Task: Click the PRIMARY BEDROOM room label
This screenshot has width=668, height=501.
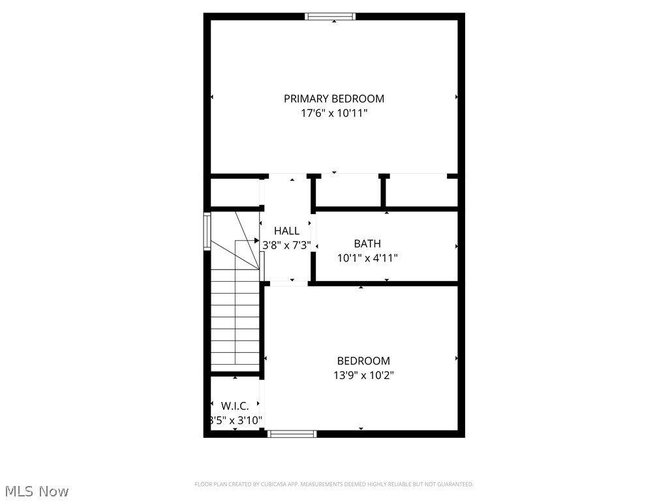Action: click(x=334, y=99)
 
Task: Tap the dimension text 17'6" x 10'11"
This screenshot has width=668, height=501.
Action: click(x=334, y=113)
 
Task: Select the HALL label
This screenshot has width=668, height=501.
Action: click(x=287, y=231)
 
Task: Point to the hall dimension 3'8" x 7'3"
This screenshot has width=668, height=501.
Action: click(x=287, y=246)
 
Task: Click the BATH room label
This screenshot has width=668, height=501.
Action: click(x=367, y=243)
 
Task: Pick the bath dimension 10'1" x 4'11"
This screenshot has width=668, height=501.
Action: click(x=367, y=258)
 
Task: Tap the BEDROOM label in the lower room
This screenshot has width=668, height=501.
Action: click(x=363, y=361)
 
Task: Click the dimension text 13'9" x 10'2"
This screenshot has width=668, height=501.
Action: click(x=363, y=375)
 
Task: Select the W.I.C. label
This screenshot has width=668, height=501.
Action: click(x=235, y=406)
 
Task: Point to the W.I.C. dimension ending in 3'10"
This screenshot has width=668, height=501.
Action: click(x=235, y=420)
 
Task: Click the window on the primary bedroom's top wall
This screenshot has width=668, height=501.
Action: click(x=331, y=16)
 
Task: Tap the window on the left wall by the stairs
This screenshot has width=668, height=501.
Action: click(x=207, y=232)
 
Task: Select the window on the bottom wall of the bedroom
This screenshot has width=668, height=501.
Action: click(x=292, y=433)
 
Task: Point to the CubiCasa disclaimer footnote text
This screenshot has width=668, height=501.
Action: click(x=334, y=484)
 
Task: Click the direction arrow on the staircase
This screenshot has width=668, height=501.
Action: click(x=255, y=241)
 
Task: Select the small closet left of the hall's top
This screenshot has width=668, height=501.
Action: click(x=234, y=192)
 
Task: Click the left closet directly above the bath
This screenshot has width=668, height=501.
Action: click(x=348, y=192)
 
